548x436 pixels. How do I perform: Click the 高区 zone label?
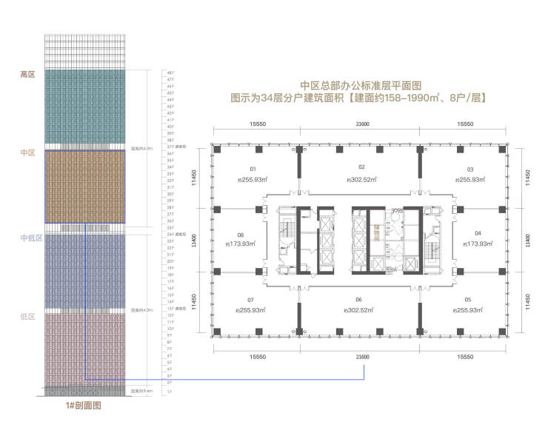[27, 74]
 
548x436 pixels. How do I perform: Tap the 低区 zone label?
[27, 317]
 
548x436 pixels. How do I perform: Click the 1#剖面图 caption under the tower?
[83, 406]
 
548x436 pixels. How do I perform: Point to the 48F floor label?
[170, 73]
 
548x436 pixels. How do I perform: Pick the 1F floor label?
[170, 391]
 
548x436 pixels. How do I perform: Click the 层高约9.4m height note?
[141, 390]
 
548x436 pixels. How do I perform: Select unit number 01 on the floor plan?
[253, 168]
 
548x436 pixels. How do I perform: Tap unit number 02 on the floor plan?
[362, 167]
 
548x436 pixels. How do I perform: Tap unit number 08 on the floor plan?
[241, 232]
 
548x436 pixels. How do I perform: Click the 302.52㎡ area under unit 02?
[361, 180]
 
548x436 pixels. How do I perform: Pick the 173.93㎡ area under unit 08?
[241, 244]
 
